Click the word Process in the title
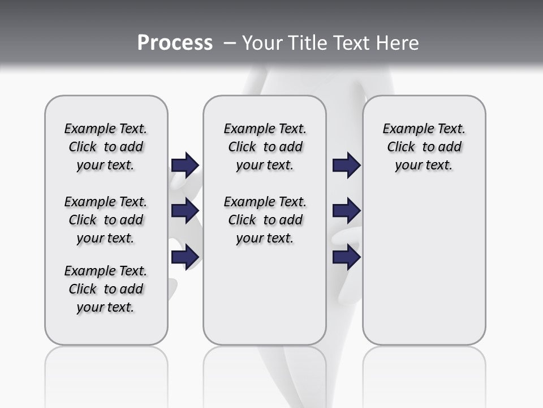[175, 42]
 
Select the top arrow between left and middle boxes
[185, 165]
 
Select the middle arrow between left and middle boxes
[185, 211]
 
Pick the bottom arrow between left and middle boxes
[185, 257]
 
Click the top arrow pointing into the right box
[347, 165]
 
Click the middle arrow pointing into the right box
[347, 211]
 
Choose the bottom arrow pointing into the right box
[347, 257]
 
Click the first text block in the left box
[106, 147]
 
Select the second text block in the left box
[106, 220]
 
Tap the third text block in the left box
[106, 289]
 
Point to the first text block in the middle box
[265, 147]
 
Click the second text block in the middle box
[265, 220]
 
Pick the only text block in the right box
[424, 147]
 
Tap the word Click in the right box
[401, 147]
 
